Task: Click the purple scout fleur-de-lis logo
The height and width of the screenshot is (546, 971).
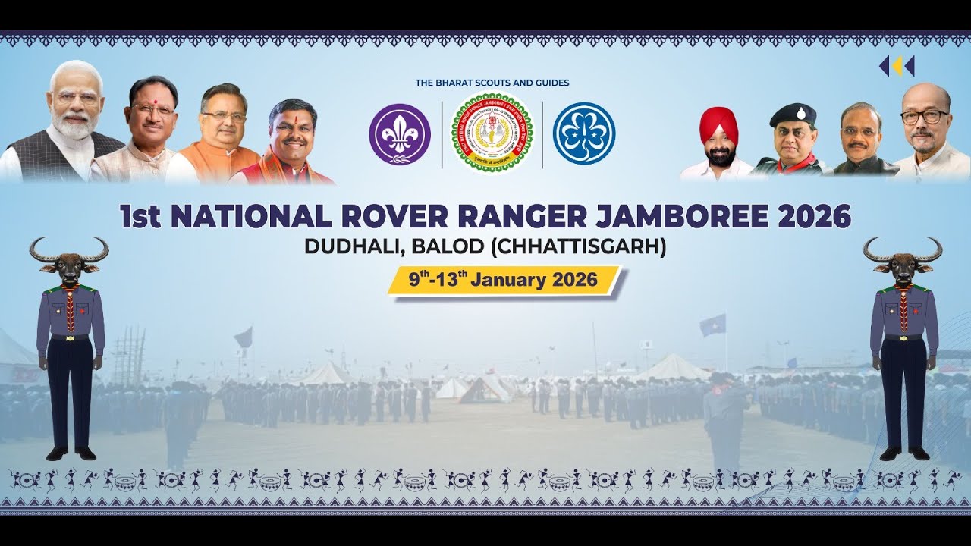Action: tap(400, 134)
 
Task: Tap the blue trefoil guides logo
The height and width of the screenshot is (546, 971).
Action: tap(583, 134)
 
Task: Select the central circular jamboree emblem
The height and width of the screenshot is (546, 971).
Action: tap(492, 133)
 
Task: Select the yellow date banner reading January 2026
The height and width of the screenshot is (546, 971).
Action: tap(504, 280)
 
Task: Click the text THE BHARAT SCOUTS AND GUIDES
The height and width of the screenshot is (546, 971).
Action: tap(492, 83)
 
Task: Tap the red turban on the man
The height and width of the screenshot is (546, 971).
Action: tap(718, 121)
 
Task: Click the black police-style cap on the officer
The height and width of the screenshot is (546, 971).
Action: tap(793, 115)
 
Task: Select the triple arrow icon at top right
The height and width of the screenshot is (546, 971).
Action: tap(897, 66)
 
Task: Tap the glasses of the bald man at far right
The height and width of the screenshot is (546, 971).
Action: tap(925, 117)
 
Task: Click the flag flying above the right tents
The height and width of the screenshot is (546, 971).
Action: tap(713, 325)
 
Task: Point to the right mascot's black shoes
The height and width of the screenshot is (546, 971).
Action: tap(904, 453)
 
